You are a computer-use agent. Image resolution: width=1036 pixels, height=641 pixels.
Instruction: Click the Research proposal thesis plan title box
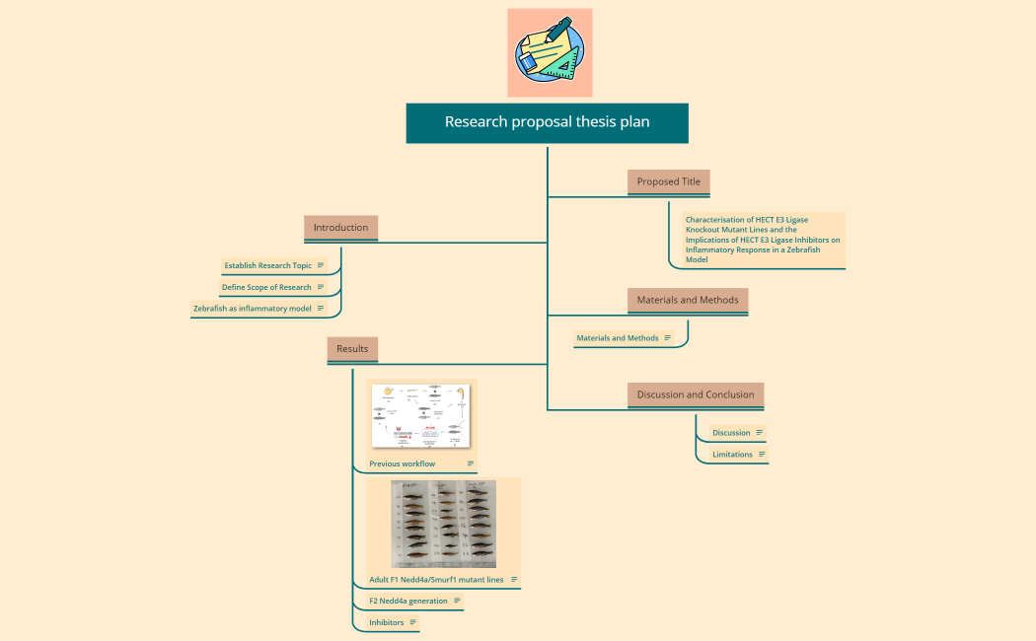tap(547, 122)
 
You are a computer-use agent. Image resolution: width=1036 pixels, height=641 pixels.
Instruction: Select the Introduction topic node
tap(340, 228)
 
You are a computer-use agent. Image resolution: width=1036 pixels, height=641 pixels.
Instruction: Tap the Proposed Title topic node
tap(668, 181)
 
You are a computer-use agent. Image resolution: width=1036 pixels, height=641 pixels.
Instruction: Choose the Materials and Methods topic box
tap(687, 300)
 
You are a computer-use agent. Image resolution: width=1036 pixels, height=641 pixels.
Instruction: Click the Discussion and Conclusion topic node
tap(695, 394)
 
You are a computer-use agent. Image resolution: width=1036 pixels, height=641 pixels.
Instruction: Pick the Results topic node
tap(352, 349)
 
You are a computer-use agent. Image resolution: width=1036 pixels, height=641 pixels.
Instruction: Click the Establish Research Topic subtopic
tap(267, 265)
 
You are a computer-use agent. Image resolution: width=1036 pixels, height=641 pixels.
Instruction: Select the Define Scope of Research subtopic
tap(266, 287)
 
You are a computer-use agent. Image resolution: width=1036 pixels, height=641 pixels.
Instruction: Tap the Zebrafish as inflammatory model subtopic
tap(252, 309)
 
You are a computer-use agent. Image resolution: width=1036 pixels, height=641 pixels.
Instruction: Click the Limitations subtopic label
tap(732, 455)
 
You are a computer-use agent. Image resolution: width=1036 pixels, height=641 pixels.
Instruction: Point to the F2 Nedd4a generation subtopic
tap(407, 601)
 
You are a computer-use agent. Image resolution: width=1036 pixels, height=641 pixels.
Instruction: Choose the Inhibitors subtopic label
tap(386, 622)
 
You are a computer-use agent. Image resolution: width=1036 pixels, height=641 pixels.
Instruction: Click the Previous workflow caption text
tap(403, 463)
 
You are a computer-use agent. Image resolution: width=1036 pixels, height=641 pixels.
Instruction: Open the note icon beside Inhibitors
tap(412, 622)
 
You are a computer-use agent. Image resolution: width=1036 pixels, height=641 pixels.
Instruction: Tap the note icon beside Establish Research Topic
tap(321, 265)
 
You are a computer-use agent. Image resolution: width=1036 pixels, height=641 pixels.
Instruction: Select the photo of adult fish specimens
tap(443, 525)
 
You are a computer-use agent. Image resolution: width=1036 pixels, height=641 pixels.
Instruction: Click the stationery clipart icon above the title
tap(550, 53)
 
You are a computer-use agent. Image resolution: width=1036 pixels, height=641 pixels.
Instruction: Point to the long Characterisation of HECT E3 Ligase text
tap(763, 240)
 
